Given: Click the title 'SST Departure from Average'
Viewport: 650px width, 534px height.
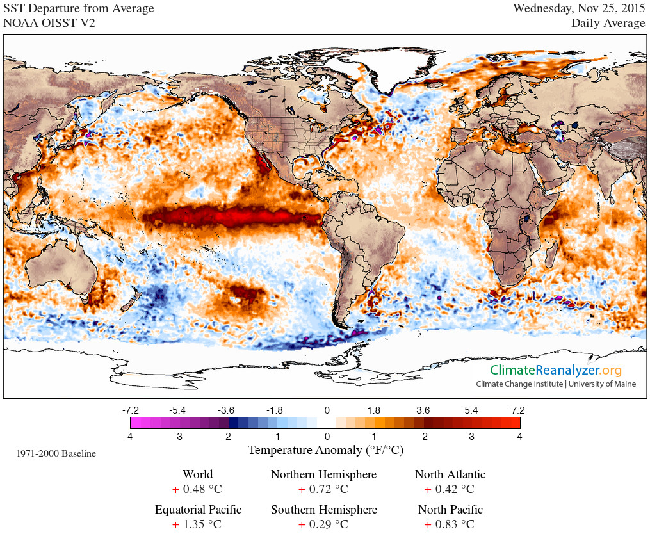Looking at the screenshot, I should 79,8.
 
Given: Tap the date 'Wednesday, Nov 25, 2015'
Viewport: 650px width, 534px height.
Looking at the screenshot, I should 579,8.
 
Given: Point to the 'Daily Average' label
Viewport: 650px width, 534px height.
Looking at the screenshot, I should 608,23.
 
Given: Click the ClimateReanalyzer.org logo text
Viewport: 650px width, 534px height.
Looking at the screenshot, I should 556,370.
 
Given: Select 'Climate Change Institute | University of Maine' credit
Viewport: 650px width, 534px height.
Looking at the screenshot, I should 556,384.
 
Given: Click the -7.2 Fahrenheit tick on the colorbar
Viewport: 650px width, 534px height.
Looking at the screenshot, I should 131,410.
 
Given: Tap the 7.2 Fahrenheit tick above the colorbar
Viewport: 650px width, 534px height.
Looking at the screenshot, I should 518,410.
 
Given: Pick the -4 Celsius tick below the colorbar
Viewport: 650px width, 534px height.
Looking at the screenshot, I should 131,437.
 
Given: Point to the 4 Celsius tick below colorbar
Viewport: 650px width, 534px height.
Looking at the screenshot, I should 519,437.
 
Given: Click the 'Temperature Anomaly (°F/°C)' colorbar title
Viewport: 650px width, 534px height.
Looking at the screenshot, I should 325,450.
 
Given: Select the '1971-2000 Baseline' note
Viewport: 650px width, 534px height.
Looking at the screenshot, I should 56,453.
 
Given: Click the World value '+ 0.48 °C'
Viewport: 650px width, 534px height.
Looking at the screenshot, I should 197,490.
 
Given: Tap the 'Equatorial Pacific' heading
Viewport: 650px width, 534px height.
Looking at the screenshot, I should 198,510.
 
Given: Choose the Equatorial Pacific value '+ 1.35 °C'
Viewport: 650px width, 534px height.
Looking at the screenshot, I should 197,525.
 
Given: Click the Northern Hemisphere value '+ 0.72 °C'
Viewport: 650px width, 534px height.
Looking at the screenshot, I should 323,490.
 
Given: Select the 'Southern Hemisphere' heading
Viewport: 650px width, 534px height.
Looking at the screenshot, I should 323,510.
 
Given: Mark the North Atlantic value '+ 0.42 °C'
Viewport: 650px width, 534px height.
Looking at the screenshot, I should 450,490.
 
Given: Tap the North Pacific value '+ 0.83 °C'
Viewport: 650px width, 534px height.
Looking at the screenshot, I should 450,525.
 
